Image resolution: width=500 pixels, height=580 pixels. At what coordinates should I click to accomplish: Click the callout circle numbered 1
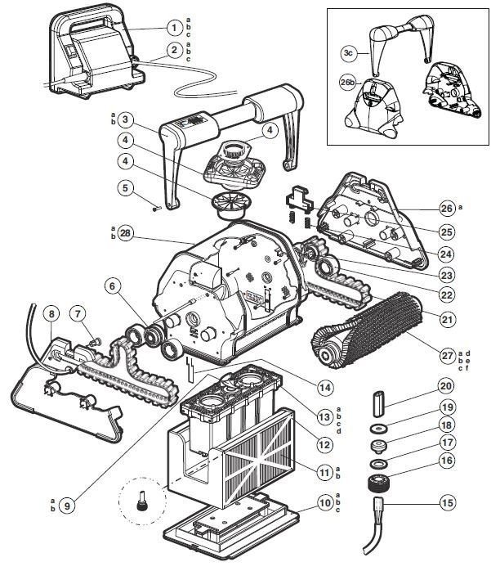(174, 27)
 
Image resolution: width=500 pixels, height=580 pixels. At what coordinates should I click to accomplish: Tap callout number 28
(125, 233)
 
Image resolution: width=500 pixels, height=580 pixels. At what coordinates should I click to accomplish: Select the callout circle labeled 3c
(349, 53)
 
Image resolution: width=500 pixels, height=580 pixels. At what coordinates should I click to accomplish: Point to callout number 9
(67, 506)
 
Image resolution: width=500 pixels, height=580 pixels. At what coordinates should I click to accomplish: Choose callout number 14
(325, 388)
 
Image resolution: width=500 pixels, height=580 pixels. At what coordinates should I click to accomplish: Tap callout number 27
(447, 356)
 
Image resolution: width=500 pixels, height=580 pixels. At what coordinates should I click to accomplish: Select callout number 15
(447, 502)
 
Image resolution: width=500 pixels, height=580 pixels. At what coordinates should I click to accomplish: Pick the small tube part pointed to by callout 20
(379, 398)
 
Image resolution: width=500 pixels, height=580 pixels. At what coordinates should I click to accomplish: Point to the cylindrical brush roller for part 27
(367, 330)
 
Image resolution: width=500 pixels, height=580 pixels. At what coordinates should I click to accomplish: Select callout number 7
(78, 314)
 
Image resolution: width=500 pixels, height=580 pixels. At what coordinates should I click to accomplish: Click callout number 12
(325, 445)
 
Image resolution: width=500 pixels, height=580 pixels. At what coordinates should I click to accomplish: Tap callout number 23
(447, 275)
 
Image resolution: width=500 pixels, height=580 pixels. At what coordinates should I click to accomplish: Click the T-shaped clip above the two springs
(298, 198)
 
